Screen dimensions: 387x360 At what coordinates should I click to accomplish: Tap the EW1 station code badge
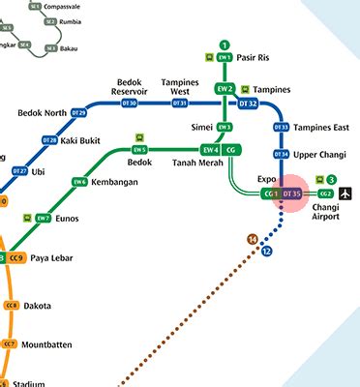pyautogui.click(x=225, y=58)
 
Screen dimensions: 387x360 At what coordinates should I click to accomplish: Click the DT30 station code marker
pyautogui.click(x=129, y=104)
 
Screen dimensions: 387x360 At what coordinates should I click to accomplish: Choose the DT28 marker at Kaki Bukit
pyautogui.click(x=49, y=140)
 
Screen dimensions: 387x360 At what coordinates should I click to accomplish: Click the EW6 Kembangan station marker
pyautogui.click(x=79, y=182)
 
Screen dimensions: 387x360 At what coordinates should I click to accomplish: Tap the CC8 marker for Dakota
pyautogui.click(x=12, y=306)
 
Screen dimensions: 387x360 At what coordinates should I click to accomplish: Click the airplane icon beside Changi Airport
pyautogui.click(x=345, y=194)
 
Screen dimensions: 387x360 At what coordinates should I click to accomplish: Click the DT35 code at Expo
pyautogui.click(x=292, y=194)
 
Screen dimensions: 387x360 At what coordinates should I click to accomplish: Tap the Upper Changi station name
pyautogui.click(x=320, y=154)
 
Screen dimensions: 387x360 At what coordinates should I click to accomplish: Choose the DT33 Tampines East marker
pyautogui.click(x=282, y=128)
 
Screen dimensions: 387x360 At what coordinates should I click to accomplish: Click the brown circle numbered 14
pyautogui.click(x=253, y=239)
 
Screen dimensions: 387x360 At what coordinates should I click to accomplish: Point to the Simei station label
pyautogui.click(x=200, y=128)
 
